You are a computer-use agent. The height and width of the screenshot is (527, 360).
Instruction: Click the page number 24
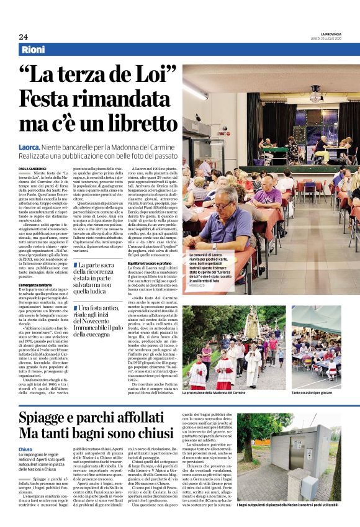click(23, 37)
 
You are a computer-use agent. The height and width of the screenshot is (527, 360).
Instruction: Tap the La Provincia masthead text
click(335, 33)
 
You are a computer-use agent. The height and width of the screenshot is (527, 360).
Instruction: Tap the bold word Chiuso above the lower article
click(25, 448)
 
